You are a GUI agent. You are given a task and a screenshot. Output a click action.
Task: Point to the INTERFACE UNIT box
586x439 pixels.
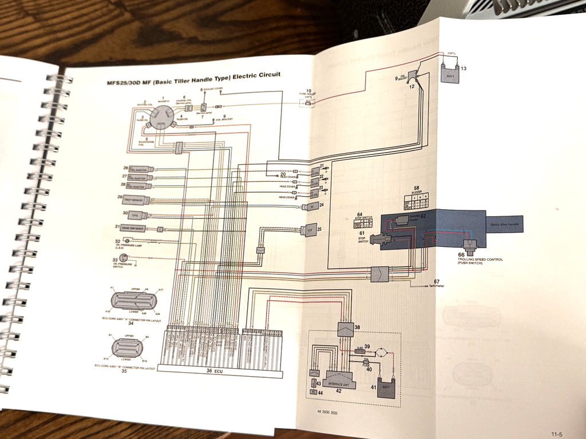340,380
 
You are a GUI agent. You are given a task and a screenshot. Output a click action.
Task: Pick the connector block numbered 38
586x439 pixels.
345,329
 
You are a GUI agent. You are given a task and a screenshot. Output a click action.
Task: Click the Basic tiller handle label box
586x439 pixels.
505,225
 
